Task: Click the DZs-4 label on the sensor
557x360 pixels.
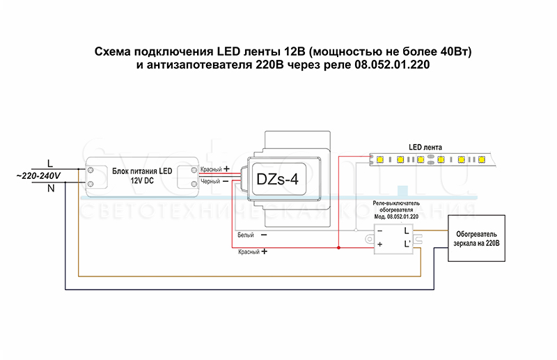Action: [277, 180]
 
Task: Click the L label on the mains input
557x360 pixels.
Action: [49, 162]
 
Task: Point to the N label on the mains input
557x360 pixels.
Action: [50, 188]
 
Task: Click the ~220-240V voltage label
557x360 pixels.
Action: [38, 175]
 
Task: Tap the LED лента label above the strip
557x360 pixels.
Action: [425, 148]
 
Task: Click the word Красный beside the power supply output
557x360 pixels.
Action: [211, 169]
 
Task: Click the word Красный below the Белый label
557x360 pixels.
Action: [249, 251]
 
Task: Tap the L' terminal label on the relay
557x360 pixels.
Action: [407, 244]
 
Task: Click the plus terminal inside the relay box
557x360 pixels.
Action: [380, 244]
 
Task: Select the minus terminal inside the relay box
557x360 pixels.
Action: [380, 230]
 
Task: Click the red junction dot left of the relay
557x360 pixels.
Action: [338, 246]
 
